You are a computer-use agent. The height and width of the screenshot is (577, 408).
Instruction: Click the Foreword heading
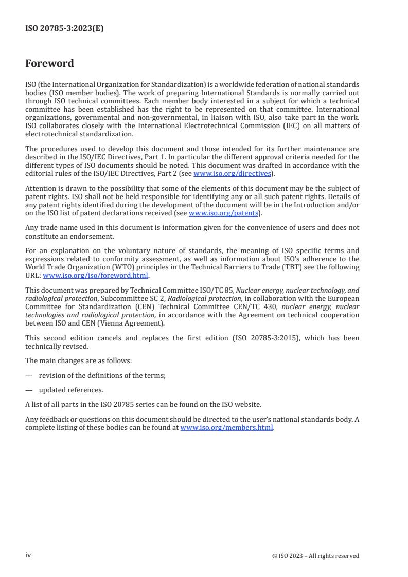click(49, 64)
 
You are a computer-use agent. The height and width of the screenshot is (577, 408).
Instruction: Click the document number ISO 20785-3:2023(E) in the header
click(64, 29)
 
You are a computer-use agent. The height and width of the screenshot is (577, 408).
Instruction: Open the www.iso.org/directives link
click(232, 173)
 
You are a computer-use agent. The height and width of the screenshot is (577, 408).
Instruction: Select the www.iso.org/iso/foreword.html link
click(96, 275)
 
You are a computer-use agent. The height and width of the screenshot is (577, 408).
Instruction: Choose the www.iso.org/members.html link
click(227, 427)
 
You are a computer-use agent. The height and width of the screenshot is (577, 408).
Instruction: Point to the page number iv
click(28, 555)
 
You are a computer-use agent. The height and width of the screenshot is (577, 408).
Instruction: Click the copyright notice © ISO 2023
click(315, 556)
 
